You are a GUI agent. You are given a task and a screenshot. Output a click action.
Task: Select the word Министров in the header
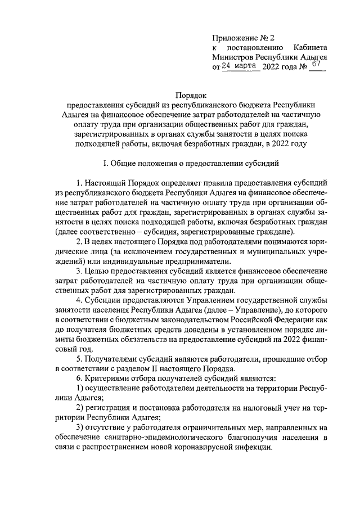(232, 57)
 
